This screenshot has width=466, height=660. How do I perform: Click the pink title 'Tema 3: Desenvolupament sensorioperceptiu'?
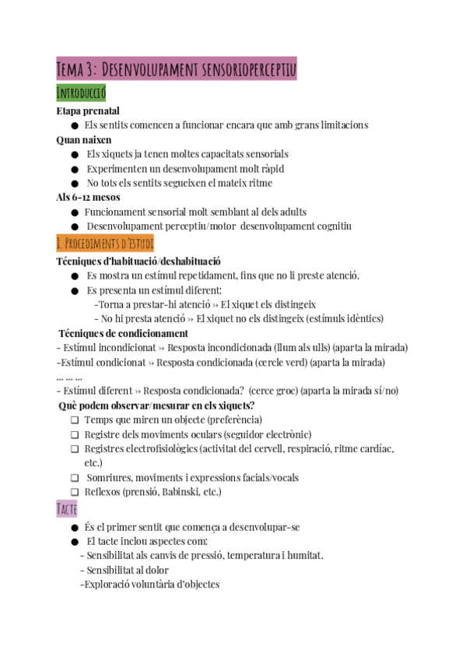(x=177, y=69)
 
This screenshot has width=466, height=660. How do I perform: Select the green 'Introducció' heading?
(x=81, y=93)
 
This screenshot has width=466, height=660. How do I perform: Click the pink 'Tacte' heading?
(x=67, y=509)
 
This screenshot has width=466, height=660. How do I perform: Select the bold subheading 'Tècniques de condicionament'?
(x=123, y=333)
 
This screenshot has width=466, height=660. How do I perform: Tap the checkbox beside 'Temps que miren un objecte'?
(x=75, y=420)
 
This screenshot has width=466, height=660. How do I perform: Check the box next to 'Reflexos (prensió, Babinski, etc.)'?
(x=75, y=493)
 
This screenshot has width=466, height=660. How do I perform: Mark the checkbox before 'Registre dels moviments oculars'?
(x=75, y=434)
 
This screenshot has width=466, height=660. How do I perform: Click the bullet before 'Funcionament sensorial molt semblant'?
(x=75, y=212)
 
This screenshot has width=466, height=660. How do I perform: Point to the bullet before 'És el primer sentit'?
(x=75, y=527)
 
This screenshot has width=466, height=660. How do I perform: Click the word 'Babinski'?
(x=184, y=493)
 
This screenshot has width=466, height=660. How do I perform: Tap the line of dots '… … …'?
(x=70, y=377)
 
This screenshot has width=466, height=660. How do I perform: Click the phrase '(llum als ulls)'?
(x=298, y=348)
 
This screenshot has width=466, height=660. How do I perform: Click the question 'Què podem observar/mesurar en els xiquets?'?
(x=157, y=405)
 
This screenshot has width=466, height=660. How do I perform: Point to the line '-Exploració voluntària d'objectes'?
(x=150, y=585)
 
